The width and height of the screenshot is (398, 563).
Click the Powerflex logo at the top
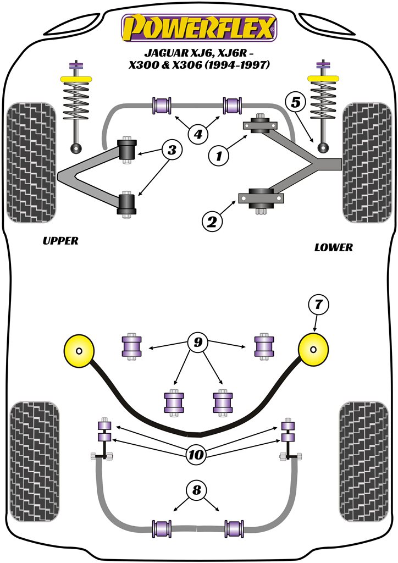coord(198,27)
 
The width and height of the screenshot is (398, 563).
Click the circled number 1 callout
coord(219,157)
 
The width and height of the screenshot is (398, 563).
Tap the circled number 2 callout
coord(212,223)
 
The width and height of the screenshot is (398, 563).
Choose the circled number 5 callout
coord(296,103)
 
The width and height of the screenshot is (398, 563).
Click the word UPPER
coord(60,241)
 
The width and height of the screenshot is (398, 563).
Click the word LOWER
coord(334,247)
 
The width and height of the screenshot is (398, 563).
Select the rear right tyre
coord(363,462)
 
